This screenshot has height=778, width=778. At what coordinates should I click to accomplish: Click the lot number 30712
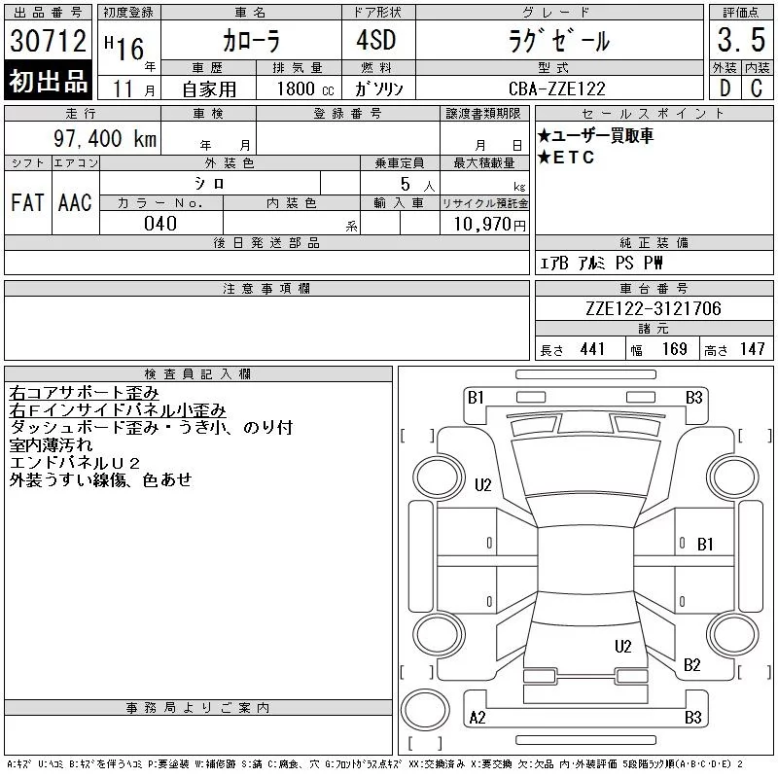pyautogui.click(x=48, y=40)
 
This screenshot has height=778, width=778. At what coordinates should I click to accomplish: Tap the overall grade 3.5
pyautogui.click(x=741, y=40)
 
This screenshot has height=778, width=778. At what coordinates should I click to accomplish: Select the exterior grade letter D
pyautogui.click(x=725, y=88)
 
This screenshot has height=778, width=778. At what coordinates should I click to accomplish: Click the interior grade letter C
pyautogui.click(x=757, y=88)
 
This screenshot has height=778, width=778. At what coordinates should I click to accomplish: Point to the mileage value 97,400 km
pyautogui.click(x=105, y=138)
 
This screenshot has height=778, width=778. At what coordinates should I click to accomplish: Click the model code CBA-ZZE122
pyautogui.click(x=557, y=88)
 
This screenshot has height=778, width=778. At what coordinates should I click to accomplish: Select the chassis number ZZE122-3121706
pyautogui.click(x=653, y=308)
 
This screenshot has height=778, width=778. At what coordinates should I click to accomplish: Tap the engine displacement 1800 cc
pyautogui.click(x=305, y=89)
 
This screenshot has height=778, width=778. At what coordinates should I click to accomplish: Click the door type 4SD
pyautogui.click(x=376, y=40)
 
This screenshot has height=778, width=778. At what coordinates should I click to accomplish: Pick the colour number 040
pyautogui.click(x=160, y=224)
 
